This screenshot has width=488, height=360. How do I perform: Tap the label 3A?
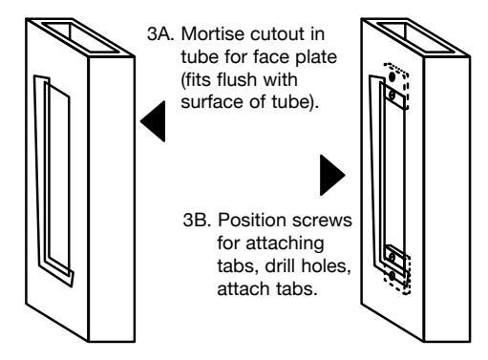tap(160, 33)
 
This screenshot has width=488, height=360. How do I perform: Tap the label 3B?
tap(197, 220)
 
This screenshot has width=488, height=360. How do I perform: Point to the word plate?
tap(316, 58)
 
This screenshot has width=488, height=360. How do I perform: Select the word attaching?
tap(286, 244)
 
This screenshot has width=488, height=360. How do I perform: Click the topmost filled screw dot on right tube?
tap(393, 76)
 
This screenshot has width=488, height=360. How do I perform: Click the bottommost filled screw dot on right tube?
tap(393, 276)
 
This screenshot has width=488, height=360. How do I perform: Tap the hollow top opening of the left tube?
tap(80, 37)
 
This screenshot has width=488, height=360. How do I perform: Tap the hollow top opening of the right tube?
tap(416, 37)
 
